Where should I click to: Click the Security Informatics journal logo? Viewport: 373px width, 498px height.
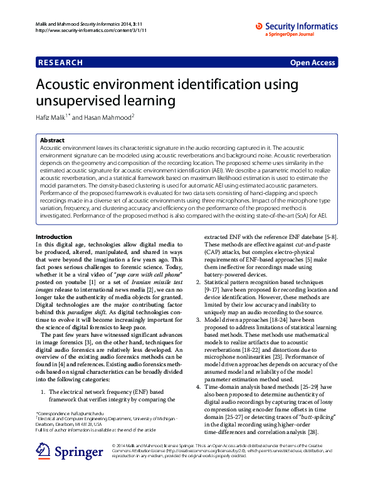click(x=296, y=27)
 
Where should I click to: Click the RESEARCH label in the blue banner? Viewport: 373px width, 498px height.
click(x=60, y=63)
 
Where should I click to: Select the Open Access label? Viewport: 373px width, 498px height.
click(x=313, y=63)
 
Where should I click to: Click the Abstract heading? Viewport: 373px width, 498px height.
click(x=51, y=140)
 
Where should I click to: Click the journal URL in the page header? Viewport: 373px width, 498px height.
click(x=83, y=30)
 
